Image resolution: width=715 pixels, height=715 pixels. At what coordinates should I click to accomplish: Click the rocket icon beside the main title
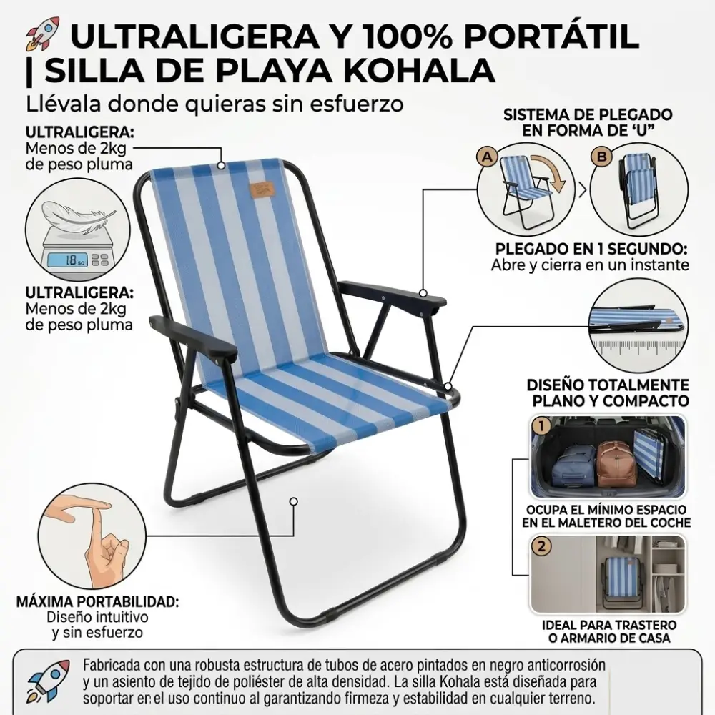tap(43, 34)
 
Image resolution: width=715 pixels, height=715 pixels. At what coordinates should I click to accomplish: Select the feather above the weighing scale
tap(77, 214)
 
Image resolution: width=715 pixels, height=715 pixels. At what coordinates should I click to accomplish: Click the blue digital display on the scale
tap(66, 260)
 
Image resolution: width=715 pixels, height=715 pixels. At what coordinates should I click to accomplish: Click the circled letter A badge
tap(488, 157)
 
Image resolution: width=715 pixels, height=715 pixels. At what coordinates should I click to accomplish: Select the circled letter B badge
tap(601, 157)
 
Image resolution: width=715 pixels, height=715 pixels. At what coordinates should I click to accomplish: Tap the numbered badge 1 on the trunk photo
tap(541, 427)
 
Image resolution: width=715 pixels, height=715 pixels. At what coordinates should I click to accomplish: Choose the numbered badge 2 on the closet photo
tap(541, 546)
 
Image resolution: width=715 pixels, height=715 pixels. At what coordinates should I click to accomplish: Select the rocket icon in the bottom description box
tap(48, 681)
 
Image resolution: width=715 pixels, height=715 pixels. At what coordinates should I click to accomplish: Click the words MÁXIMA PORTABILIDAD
tap(97, 601)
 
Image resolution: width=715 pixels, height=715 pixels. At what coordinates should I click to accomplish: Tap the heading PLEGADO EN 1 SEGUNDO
tap(591, 250)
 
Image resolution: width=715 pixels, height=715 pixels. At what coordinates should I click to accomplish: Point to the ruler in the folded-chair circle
tap(638, 347)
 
